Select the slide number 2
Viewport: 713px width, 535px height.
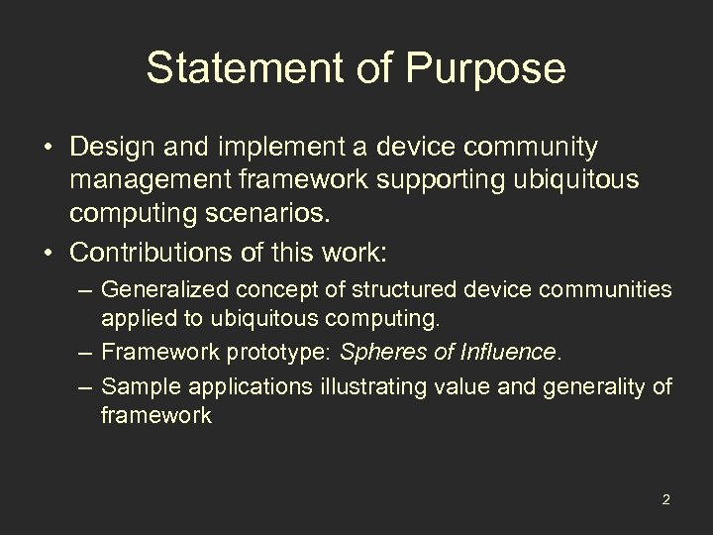pyautogui.click(x=665, y=498)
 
